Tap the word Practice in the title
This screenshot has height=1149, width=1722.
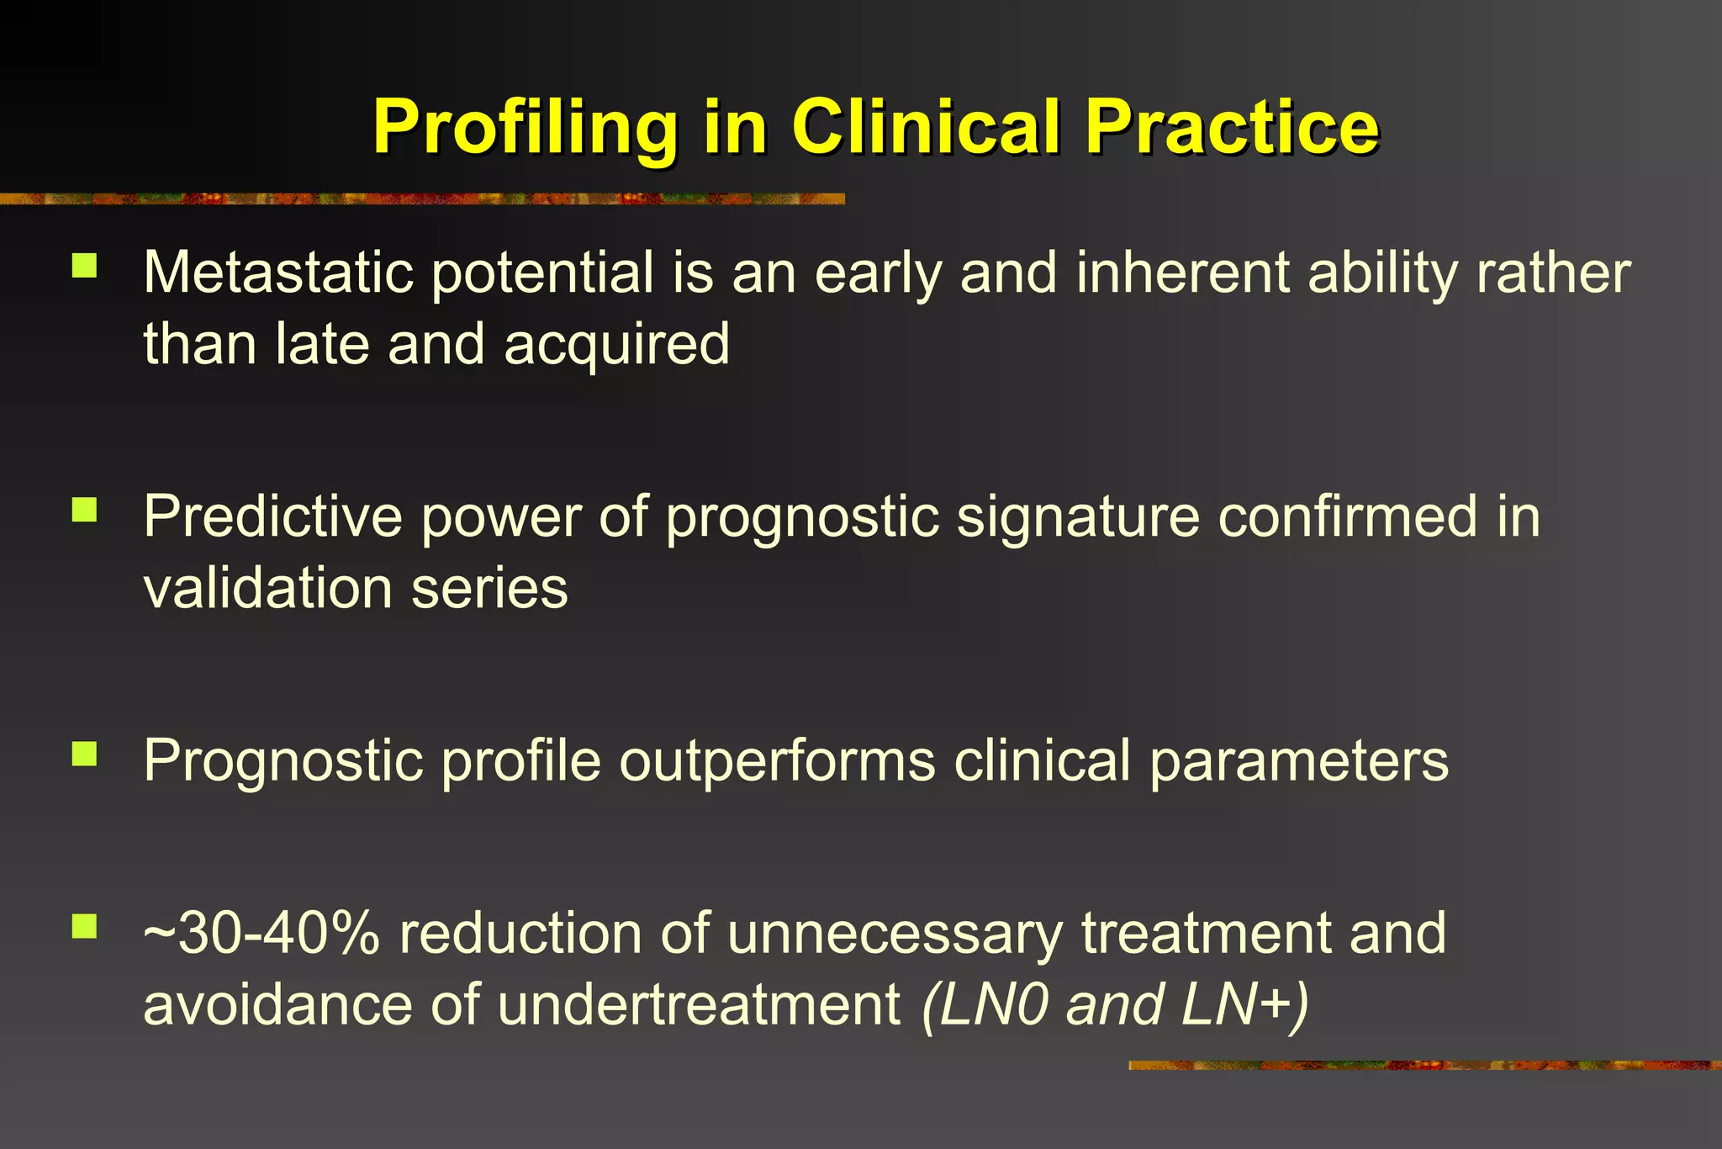click(1231, 128)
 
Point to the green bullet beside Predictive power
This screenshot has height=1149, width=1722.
click(85, 510)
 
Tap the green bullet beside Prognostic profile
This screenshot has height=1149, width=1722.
click(85, 754)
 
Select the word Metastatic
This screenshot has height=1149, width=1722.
click(278, 273)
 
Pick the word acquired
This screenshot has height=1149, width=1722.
click(616, 345)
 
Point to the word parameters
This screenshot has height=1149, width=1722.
click(1298, 760)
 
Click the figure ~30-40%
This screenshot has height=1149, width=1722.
click(261, 934)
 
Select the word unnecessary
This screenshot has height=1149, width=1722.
click(895, 934)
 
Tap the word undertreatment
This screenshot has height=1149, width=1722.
click(699, 1004)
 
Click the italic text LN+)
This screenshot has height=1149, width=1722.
click(1245, 1004)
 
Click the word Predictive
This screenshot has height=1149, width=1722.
click(272, 516)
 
